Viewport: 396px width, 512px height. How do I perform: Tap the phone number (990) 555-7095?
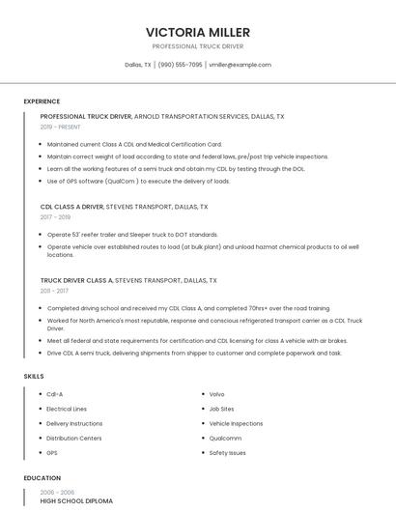point(180,65)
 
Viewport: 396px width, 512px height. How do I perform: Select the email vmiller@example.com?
point(240,65)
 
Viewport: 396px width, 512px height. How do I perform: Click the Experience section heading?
point(42,101)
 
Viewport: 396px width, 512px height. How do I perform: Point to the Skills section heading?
point(34,376)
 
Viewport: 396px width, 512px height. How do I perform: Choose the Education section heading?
point(42,478)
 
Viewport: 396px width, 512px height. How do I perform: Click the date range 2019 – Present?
point(60,127)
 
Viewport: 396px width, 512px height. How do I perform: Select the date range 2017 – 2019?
point(55,217)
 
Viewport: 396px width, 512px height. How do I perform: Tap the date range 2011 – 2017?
point(54,290)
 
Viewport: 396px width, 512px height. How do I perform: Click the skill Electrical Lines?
point(67,409)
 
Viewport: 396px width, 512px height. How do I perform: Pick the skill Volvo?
point(216,394)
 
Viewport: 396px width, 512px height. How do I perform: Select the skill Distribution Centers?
point(73,438)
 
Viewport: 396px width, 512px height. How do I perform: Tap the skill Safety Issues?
point(227,452)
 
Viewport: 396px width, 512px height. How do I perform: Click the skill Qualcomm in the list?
point(225,438)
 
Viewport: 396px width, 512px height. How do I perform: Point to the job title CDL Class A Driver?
point(71,207)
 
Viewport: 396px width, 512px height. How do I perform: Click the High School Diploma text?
point(76,501)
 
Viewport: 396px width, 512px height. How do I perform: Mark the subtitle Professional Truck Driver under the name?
point(197,46)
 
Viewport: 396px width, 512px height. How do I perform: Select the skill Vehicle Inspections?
point(235,423)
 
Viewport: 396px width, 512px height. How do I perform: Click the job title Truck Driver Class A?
point(76,280)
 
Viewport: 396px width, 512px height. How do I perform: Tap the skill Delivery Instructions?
point(74,423)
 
